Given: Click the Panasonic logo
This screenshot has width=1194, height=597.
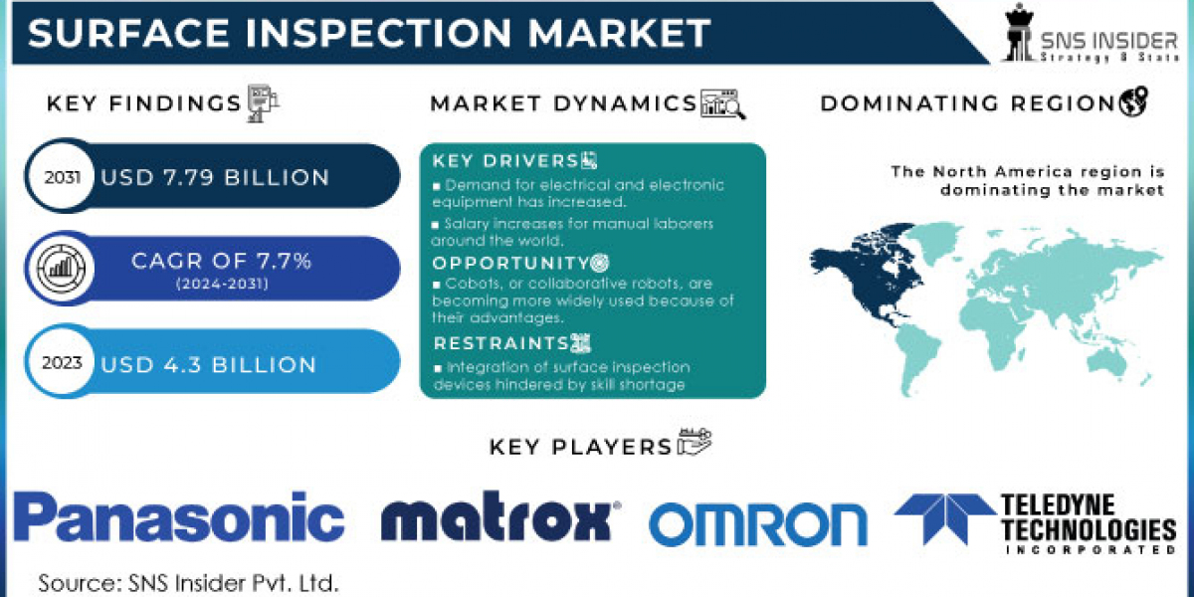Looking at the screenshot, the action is click(179, 516).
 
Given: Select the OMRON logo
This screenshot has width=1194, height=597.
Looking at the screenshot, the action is click(758, 524).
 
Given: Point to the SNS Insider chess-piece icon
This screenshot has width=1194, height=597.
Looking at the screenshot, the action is click(1018, 32).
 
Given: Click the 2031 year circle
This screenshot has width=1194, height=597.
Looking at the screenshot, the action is click(62, 176).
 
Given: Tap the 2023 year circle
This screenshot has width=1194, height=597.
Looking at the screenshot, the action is click(62, 362).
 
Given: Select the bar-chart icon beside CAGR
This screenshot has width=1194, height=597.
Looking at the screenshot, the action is click(61, 268).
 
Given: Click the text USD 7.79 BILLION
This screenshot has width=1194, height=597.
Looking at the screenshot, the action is click(215, 177).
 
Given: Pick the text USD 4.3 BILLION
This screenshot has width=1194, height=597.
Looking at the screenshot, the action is click(209, 365).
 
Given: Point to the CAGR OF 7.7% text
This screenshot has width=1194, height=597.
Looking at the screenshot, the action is click(221, 261).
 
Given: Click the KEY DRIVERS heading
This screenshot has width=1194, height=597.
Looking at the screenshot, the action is click(505, 160).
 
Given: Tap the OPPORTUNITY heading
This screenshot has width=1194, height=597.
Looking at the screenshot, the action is click(510, 263).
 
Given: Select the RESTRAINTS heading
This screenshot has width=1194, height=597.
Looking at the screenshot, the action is click(501, 343).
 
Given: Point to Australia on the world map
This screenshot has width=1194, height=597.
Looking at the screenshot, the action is click(1106, 363).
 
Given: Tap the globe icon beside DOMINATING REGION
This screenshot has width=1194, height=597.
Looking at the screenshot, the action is click(1133, 101).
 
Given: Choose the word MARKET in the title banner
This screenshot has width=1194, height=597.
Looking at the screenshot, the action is click(619, 33).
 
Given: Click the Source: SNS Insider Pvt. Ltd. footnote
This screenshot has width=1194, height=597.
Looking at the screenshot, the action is click(188, 583).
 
